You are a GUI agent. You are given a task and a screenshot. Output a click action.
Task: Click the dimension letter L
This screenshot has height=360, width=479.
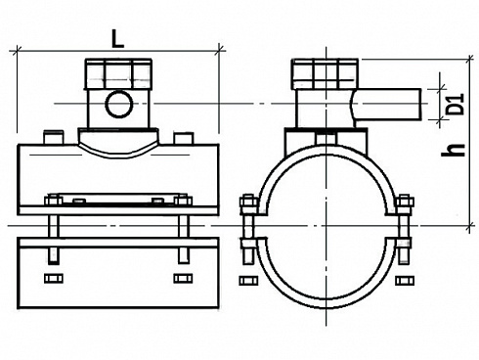[117, 40]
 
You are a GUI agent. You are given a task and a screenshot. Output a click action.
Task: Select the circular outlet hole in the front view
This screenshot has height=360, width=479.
[119, 105]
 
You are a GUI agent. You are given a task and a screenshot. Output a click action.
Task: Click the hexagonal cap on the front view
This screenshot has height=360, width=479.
[118, 73]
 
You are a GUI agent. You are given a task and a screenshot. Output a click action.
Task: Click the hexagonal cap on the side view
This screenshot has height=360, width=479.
[326, 74]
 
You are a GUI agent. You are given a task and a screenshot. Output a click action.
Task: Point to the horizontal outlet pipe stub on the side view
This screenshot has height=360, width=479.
[387, 105]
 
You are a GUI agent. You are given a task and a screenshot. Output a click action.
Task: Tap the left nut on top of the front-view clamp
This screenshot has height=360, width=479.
[53, 200]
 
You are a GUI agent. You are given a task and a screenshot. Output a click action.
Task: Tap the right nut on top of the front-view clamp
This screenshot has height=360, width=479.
[183, 200]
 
